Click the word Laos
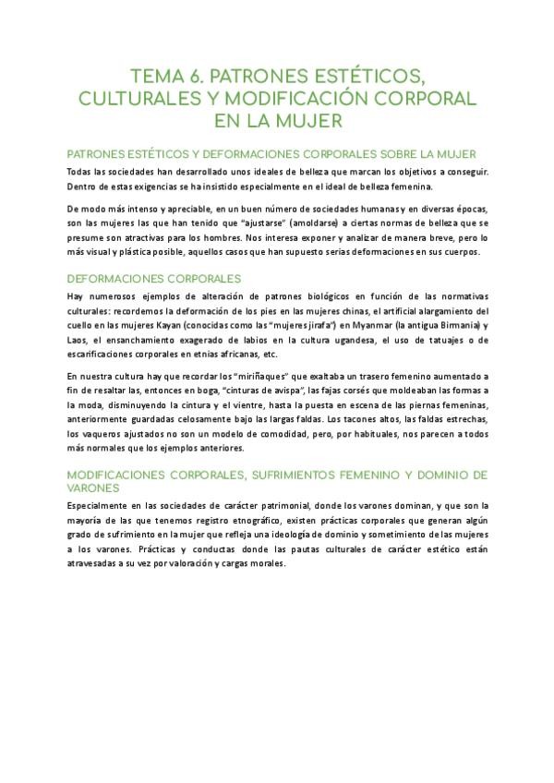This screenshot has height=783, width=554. pos(79,340)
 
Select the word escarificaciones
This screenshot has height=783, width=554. pos(98,355)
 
